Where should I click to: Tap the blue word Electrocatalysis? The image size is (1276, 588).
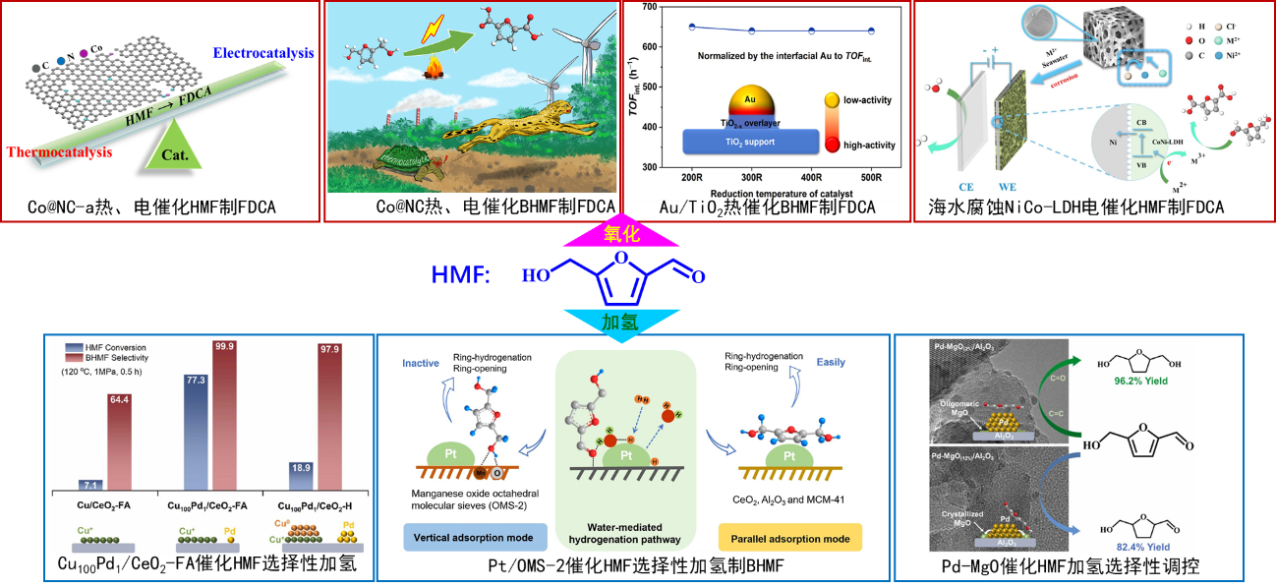pyautogui.click(x=262, y=52)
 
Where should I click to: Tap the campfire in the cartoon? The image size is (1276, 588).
pyautogui.click(x=434, y=70)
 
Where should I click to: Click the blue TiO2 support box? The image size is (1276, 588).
pyautogui.click(x=750, y=142)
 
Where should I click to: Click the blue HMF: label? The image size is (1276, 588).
pyautogui.click(x=460, y=274)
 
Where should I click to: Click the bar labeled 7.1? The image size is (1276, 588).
pyautogui.click(x=90, y=484)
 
